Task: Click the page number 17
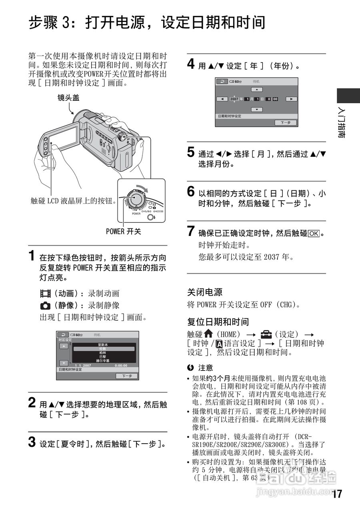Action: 337,494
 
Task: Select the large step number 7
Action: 192,231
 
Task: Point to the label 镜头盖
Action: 68,98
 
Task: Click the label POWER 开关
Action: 124,231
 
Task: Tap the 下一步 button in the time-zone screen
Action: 127,376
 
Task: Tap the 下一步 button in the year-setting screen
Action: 286,123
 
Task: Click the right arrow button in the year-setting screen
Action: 292,99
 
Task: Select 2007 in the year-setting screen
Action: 234,99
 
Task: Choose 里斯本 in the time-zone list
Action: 103,345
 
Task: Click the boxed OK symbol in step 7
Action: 314,233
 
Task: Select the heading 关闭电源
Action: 205,292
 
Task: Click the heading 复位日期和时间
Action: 218,322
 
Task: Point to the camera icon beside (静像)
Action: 45,306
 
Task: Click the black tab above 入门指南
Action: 348,96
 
